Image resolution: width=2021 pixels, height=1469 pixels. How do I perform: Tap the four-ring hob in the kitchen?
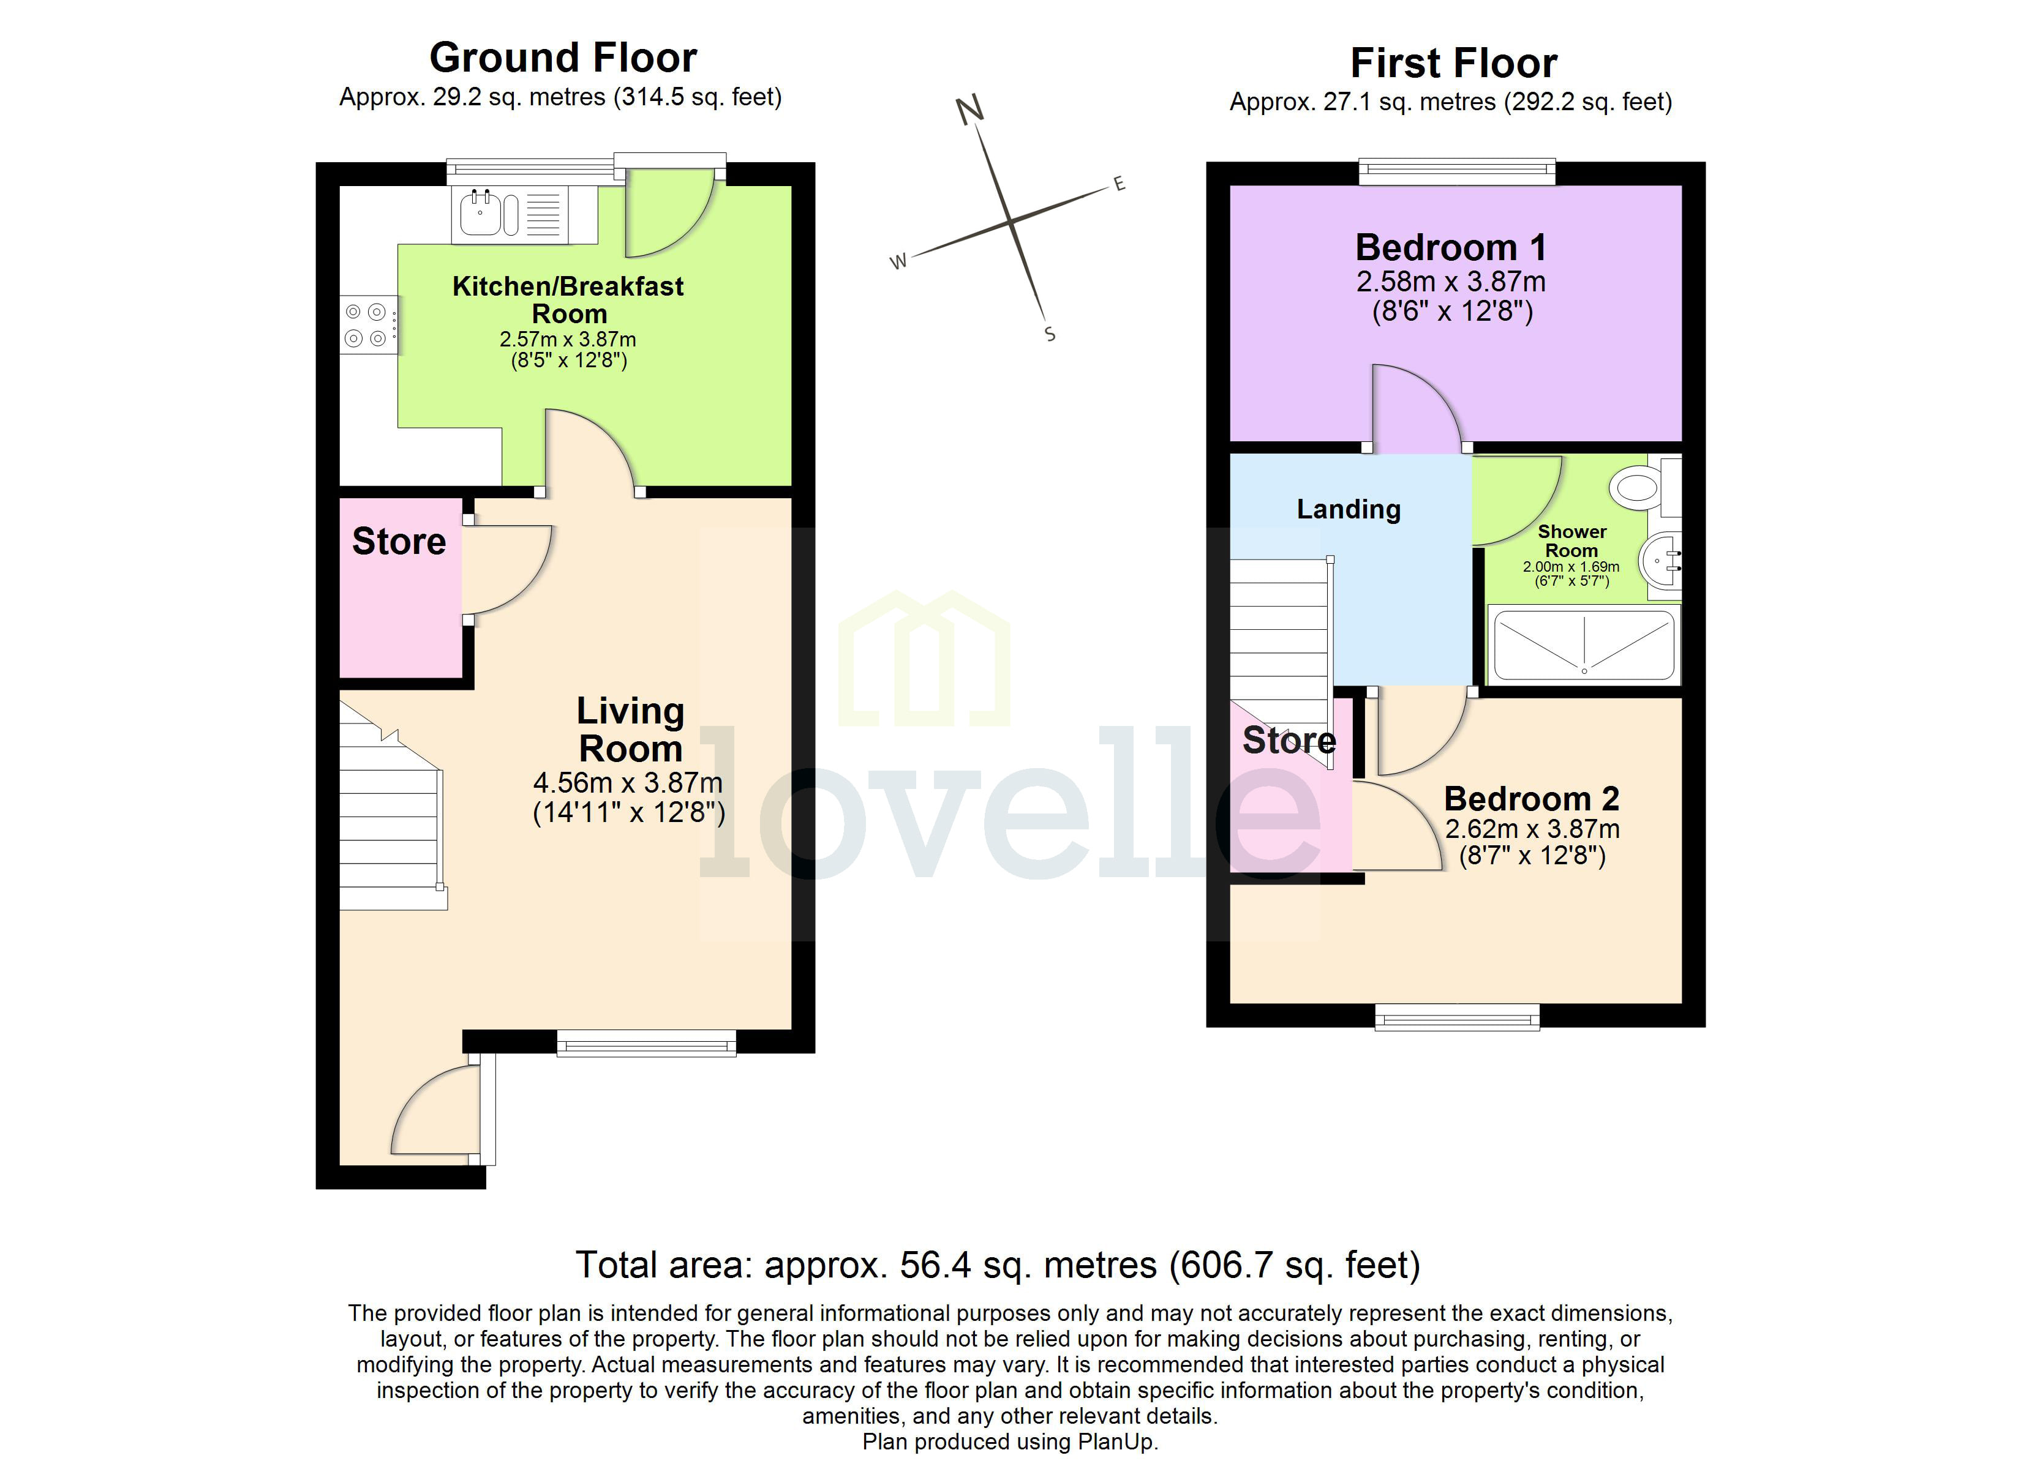[366, 325]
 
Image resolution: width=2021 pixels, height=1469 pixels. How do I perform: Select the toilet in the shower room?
[1638, 487]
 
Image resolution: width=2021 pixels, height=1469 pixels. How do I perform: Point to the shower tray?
[1584, 645]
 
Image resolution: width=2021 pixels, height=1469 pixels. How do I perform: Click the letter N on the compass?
[969, 110]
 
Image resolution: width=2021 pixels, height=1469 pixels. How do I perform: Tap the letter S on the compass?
[1050, 334]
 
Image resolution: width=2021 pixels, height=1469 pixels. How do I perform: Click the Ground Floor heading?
[563, 58]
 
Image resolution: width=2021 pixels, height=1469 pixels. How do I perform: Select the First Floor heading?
[1453, 63]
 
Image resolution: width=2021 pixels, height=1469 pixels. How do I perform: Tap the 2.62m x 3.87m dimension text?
[1532, 829]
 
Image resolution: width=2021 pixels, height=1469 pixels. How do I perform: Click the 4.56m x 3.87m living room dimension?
[627, 782]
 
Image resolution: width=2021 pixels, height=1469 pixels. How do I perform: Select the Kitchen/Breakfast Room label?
[568, 299]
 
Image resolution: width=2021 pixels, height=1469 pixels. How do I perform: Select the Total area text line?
[997, 1265]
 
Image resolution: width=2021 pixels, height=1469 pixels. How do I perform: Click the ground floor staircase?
[390, 820]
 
